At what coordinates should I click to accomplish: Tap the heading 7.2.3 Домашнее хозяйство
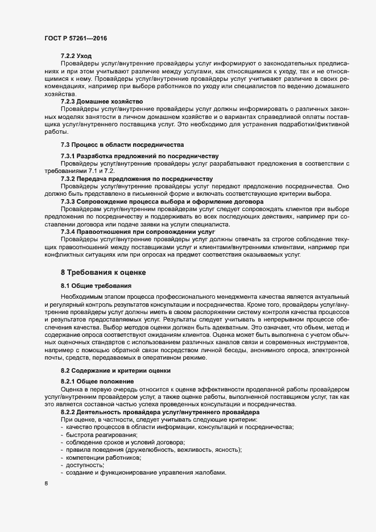(101, 101)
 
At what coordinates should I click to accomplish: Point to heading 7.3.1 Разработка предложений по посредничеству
(139, 156)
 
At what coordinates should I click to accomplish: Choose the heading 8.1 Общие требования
(96, 284)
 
